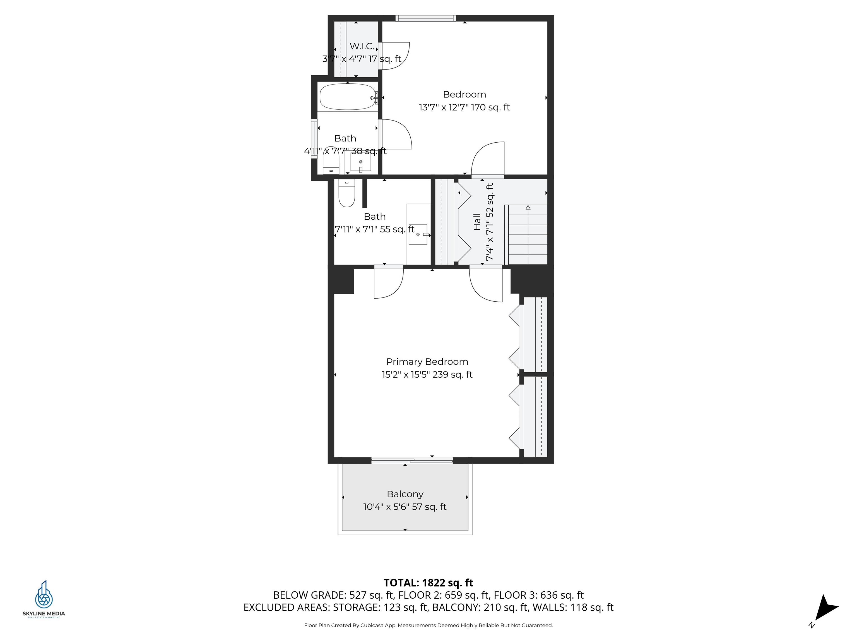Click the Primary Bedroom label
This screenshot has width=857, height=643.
coord(427,362)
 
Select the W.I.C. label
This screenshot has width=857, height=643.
coord(362,46)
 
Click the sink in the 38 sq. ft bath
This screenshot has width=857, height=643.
coord(361,162)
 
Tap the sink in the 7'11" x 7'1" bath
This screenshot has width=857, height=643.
coord(418,234)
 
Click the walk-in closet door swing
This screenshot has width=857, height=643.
coord(394,56)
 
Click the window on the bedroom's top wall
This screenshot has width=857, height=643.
coord(425,18)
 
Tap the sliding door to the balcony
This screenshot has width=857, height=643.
coord(412,460)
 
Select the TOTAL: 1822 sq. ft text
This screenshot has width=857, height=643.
coord(428,582)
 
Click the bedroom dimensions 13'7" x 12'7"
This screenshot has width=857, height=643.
coord(464,107)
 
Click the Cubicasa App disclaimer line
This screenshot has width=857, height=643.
coord(428,625)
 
